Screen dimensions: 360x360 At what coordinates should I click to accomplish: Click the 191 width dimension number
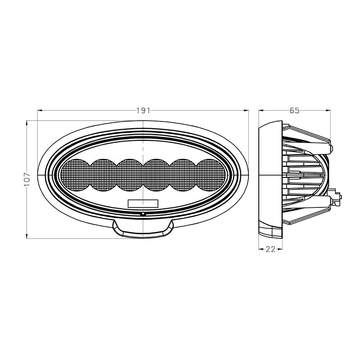143,111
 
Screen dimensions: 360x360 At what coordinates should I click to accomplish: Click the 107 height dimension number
27,179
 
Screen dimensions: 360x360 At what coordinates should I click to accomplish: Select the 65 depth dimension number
294,110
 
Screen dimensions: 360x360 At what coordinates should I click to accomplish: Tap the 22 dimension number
270,249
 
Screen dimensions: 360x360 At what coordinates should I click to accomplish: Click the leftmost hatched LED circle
75,175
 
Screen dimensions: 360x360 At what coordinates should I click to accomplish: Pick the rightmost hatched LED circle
211,175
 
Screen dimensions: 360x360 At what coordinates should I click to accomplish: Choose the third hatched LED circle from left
130,175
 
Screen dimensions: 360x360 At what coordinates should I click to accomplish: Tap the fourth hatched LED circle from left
157,175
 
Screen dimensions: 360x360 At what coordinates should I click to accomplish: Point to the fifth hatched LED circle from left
183,175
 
